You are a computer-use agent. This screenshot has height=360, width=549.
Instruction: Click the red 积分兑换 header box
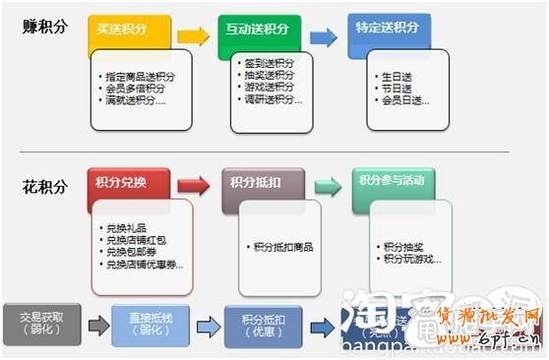point(127,184)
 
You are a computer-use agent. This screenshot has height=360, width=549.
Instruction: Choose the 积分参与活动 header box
point(392,184)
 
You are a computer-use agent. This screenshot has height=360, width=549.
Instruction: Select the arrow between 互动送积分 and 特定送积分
point(322,37)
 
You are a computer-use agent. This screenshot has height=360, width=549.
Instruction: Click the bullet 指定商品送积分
point(141,76)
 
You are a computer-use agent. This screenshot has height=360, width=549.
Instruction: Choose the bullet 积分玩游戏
point(411,259)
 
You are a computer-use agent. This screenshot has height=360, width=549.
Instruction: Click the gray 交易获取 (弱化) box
point(41,323)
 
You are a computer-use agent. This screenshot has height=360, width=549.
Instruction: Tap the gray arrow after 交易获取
point(96,326)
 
